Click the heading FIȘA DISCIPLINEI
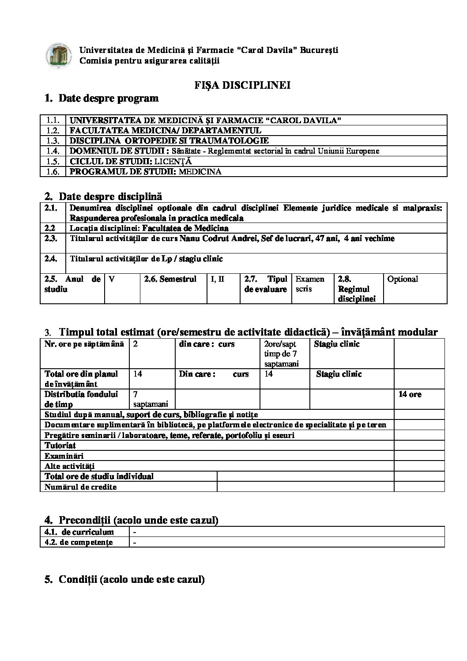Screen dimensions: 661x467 click(x=242, y=86)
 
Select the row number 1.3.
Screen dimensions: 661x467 click(x=53, y=141)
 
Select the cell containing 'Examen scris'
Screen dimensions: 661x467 click(x=310, y=284)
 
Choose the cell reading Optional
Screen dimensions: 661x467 click(x=403, y=279)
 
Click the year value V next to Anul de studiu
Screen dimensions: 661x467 click(x=112, y=279)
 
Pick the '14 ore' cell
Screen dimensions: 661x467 click(x=410, y=394)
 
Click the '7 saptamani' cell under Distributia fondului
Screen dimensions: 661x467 click(x=151, y=399)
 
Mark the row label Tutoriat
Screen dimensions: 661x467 click(x=60, y=446)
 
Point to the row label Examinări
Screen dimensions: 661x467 click(x=64, y=456)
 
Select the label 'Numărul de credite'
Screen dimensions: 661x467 click(x=81, y=487)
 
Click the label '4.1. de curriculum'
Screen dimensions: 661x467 click(x=79, y=532)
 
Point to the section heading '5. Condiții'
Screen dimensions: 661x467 click(x=124, y=579)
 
